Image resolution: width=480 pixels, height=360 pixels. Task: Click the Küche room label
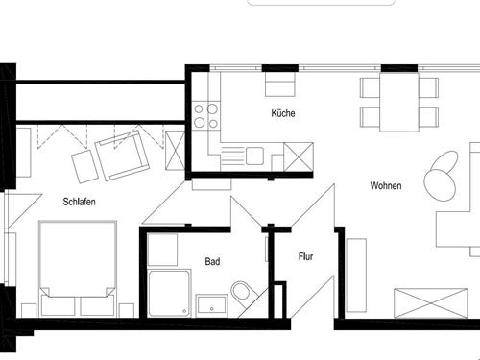283,113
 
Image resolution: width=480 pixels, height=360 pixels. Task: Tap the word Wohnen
386,185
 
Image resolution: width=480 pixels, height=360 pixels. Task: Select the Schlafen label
79,202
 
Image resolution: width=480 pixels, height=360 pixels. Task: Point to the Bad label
212,261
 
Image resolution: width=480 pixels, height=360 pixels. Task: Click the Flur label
305,256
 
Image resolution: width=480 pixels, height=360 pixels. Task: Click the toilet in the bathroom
243,291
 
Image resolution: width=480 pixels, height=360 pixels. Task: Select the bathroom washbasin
212,305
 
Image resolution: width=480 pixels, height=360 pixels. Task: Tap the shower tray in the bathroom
170,294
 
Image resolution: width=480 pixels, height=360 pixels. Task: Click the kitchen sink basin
254,156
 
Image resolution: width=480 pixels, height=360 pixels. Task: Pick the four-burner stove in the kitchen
206,115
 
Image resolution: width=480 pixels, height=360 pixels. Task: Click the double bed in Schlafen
77,268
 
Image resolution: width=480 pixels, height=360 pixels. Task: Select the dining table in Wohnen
399,102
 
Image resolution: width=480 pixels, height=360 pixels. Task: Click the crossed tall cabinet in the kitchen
299,156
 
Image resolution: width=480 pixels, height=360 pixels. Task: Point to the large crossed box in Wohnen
431,303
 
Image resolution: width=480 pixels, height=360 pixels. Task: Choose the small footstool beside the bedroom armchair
84,167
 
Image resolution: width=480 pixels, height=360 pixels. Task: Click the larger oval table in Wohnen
440,185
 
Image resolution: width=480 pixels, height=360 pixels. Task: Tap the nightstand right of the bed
126,310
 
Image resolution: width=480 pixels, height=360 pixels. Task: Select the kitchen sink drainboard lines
233,156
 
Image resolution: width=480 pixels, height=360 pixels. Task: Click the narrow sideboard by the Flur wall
356,275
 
